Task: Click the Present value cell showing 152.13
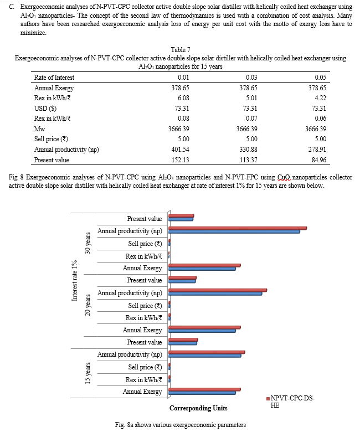[180, 160]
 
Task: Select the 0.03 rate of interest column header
[251, 78]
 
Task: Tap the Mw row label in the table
[39, 129]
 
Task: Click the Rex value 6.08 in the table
[183, 98]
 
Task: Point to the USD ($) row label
[45, 108]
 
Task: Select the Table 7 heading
[181, 50]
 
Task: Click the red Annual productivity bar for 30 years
[238, 228]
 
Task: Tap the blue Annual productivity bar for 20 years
[215, 294]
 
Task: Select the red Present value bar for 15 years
[183, 340]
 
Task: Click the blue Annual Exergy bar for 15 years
[202, 393]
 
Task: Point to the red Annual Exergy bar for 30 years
[205, 265]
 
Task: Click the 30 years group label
[88, 243]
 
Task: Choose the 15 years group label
[88, 373]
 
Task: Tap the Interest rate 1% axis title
[74, 281]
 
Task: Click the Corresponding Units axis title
[198, 408]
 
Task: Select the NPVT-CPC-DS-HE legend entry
[291, 402]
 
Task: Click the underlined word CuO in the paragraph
[284, 177]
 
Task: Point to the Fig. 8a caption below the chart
[181, 425]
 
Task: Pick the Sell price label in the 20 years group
[145, 306]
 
